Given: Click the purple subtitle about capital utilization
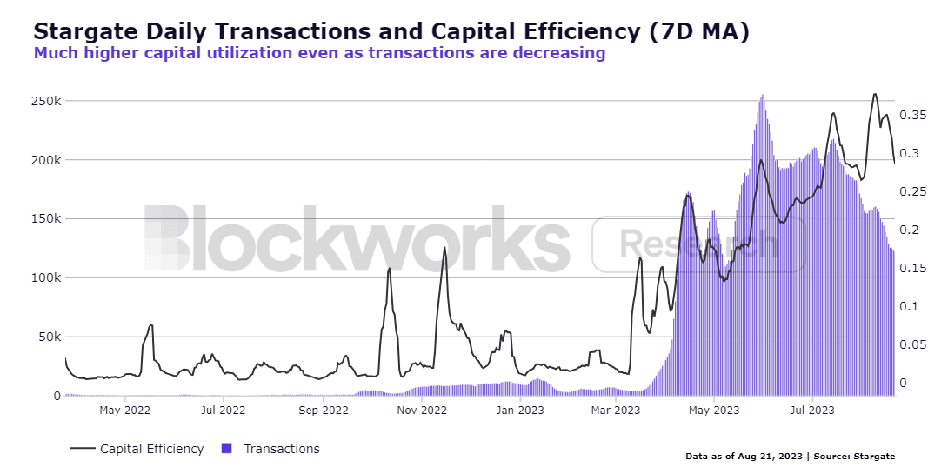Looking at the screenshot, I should pos(319,53).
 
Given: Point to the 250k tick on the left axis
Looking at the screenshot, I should pos(44,101).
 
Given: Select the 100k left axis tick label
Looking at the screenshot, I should pos(44,278).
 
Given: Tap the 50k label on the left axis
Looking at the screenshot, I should pos(48,337).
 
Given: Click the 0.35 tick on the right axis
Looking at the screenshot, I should pos(918,115).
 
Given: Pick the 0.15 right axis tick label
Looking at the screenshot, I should pos(918,268).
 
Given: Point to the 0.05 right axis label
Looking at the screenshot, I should pos(918,344).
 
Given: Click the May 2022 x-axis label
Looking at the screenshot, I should pos(126,409).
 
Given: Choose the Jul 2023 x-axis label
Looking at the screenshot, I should pos(812,409).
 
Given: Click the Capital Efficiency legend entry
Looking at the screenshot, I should pos(151,449).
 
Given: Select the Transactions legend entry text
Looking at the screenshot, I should pos(282,449).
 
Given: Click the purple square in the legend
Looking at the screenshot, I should pos(227,449).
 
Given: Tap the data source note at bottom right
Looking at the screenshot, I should pos(790,456).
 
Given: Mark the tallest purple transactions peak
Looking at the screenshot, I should pos(763,97).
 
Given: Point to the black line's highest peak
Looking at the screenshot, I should pos(875,94).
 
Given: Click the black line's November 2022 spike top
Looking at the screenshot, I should pos(444,248).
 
